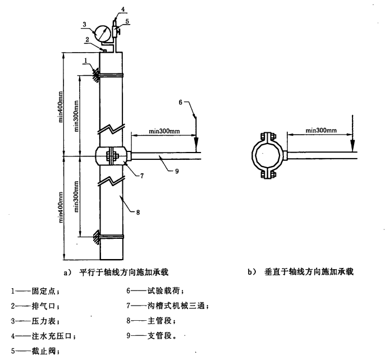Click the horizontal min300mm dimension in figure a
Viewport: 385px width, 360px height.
click(165, 131)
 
